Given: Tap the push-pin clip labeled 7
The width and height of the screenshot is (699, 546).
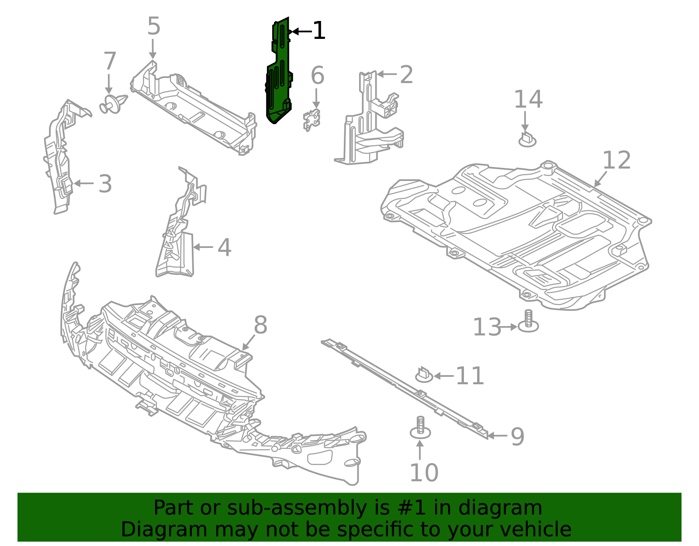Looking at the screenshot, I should pyautogui.click(x=113, y=104).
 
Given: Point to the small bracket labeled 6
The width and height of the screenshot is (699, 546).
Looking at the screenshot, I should pyautogui.click(x=311, y=120).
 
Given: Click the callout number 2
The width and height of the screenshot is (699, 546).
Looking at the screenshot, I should pyautogui.click(x=406, y=75).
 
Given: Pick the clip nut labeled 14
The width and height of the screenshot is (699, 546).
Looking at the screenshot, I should pyautogui.click(x=527, y=139).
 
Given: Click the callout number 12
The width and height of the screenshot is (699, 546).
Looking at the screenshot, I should pyautogui.click(x=617, y=160).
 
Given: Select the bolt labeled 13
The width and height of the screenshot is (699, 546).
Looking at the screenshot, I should pyautogui.click(x=528, y=322).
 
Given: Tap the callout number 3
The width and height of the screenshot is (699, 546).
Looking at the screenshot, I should pyautogui.click(x=105, y=184).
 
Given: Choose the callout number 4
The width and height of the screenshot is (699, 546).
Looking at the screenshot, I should pyautogui.click(x=224, y=248).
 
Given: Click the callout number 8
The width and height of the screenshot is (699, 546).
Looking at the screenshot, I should pyautogui.click(x=260, y=326).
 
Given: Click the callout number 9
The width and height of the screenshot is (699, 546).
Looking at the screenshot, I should pyautogui.click(x=517, y=436).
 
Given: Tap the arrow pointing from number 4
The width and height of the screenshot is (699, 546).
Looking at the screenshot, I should pyautogui.click(x=203, y=247).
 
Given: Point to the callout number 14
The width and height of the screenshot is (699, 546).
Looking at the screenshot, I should pyautogui.click(x=528, y=100).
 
